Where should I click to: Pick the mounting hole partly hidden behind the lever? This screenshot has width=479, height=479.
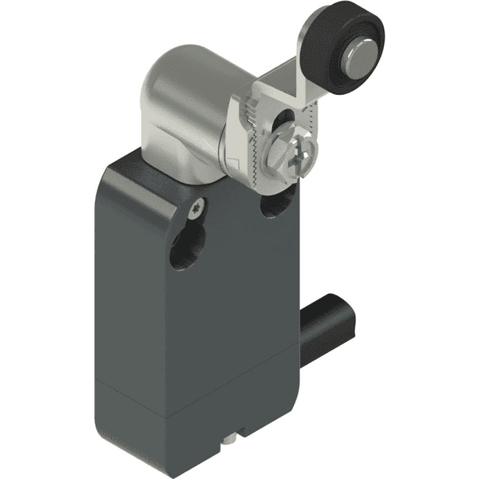(x=274, y=205)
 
